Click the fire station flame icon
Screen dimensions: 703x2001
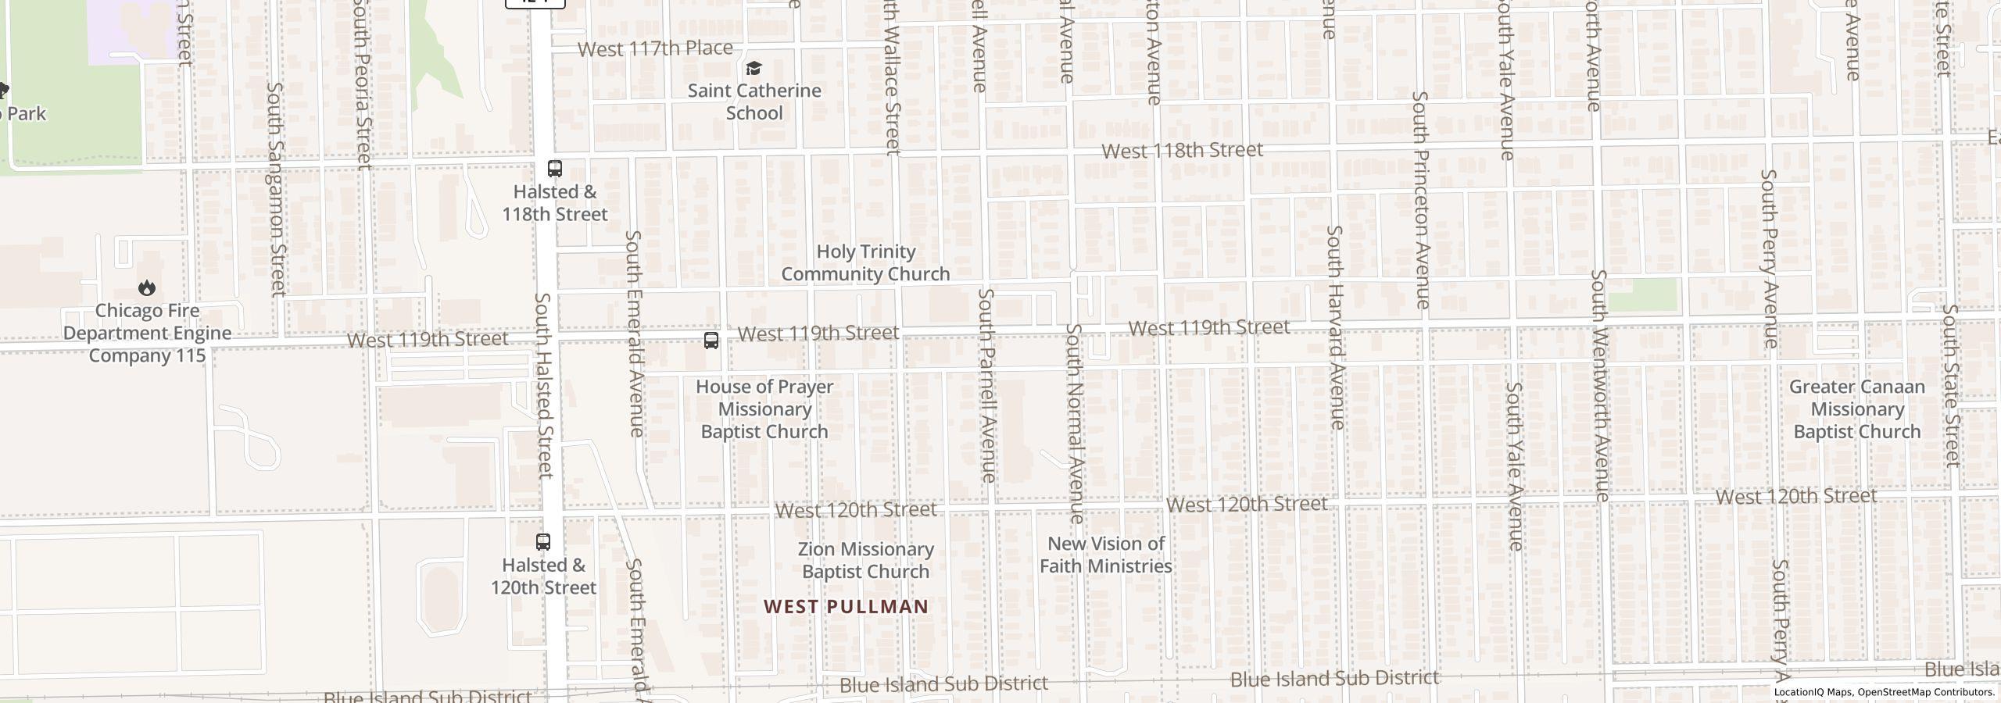pos(147,288)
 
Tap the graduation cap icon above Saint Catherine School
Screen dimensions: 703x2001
pos(754,69)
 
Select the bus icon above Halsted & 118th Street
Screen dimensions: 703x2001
pos(555,169)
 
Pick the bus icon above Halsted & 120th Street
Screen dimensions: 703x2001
pos(543,541)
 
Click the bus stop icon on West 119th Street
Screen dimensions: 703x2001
pos(711,341)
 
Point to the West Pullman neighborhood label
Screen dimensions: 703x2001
pos(846,606)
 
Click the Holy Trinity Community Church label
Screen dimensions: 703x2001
pos(865,262)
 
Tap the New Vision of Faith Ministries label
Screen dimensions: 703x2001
pos(1105,555)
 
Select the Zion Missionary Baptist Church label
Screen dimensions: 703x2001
pos(866,560)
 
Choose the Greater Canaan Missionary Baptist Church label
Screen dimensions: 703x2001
pos(1856,409)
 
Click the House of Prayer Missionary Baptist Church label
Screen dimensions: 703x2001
pos(764,409)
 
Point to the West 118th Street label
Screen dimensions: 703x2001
pos(1182,150)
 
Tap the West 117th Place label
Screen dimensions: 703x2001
pos(655,48)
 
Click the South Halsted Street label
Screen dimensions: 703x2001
pos(544,385)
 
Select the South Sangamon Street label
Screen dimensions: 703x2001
pos(277,189)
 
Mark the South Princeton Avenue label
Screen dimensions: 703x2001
pos(1421,199)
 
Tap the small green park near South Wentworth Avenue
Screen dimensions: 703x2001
pos(1644,294)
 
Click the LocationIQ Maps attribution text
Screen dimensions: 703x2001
pos(1884,692)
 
